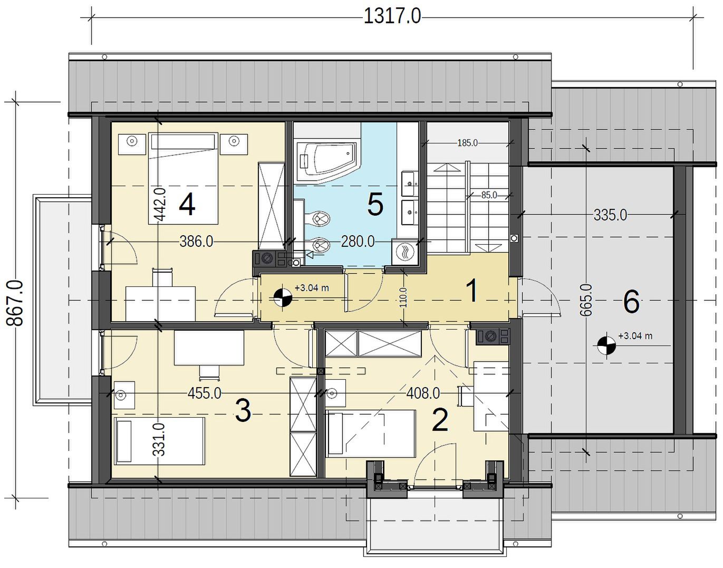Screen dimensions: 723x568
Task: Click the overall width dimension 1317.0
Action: (x=392, y=16)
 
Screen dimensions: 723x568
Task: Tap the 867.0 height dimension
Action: (x=15, y=303)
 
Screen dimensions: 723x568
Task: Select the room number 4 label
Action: (x=187, y=205)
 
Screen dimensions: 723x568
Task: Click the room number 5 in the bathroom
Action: (x=375, y=205)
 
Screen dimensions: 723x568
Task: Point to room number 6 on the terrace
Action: (x=631, y=302)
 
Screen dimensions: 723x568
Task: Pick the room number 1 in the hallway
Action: (x=473, y=291)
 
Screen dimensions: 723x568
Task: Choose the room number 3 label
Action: (x=243, y=411)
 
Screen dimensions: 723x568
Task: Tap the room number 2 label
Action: (x=440, y=420)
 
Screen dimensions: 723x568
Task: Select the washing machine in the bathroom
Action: (x=405, y=252)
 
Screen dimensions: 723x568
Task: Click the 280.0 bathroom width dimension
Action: (x=358, y=241)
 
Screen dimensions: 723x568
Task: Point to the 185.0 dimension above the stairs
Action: (x=467, y=143)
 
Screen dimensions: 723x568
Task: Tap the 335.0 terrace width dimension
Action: (x=610, y=215)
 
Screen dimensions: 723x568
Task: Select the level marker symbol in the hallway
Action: (x=283, y=297)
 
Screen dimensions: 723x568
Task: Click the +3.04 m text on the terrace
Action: (x=635, y=336)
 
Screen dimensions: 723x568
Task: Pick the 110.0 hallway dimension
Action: (x=403, y=297)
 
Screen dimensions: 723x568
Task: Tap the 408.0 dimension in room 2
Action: (x=423, y=393)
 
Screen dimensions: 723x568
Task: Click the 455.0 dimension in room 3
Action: (x=204, y=393)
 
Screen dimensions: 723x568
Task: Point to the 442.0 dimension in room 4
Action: (x=160, y=204)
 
